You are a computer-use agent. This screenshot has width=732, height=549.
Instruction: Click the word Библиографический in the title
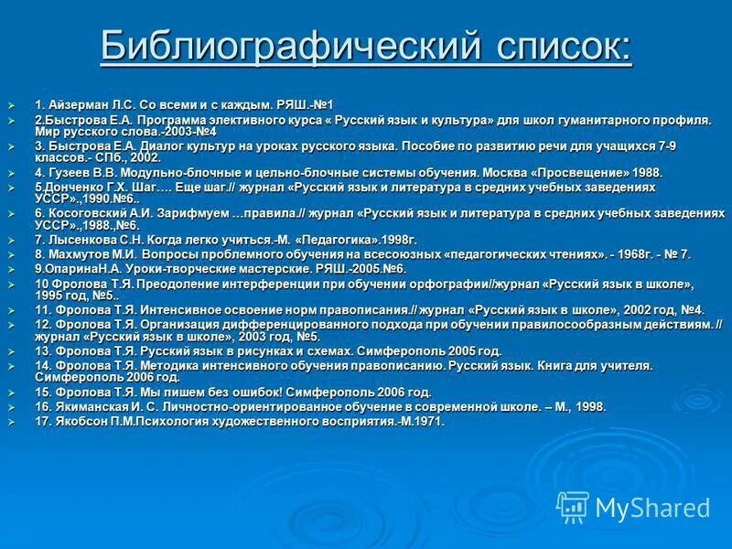tap(290, 46)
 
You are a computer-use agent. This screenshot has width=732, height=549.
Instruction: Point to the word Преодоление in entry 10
tap(163, 285)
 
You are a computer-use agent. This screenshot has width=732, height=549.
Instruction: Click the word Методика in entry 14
tap(151, 365)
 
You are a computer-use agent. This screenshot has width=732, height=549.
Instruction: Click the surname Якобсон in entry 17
tap(77, 421)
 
